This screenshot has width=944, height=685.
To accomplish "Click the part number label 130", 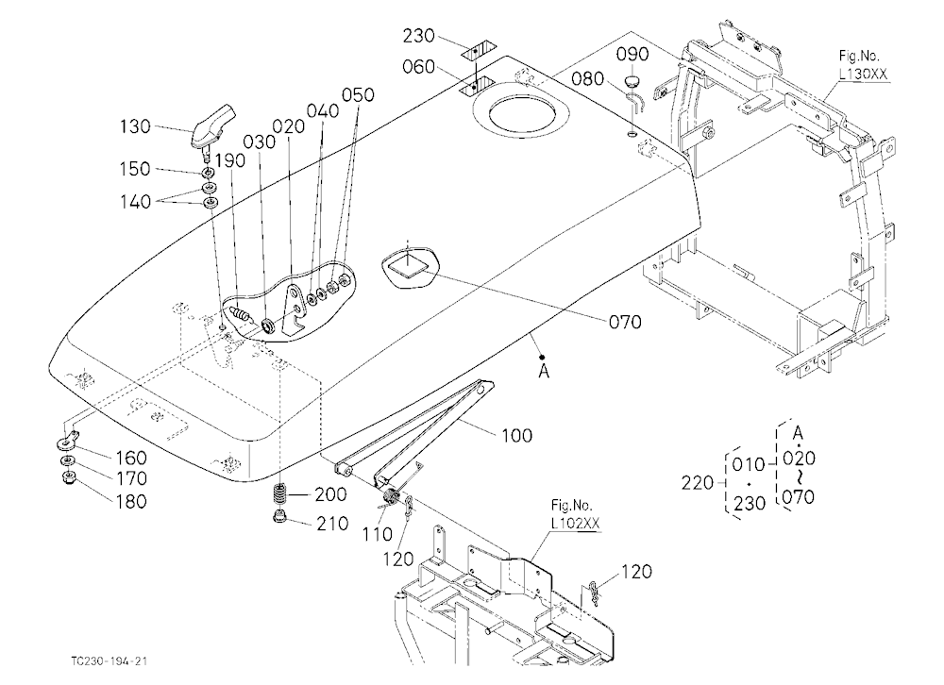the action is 135,126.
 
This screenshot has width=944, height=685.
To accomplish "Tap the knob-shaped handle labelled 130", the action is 211,126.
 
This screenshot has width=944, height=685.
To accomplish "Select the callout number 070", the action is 625,323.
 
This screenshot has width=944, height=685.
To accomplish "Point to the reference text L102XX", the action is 576,523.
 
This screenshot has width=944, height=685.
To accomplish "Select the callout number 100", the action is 517,435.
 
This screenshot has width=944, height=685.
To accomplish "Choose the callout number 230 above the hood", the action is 419,36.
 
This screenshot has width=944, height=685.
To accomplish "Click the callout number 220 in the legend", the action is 697,483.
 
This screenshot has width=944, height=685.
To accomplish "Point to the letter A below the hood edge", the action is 544,372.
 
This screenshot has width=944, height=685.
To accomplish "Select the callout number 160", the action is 130,458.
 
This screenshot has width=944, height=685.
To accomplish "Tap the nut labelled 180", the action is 68,479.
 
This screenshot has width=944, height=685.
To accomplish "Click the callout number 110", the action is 377,534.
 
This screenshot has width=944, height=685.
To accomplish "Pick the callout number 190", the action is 230,160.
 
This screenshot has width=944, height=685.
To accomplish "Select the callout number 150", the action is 135,169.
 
